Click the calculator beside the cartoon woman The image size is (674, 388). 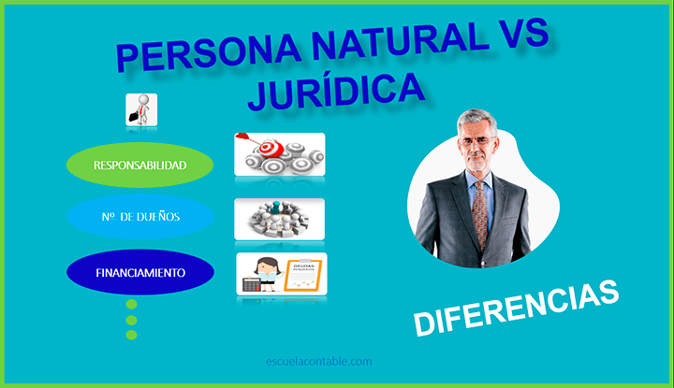[x=251, y=281]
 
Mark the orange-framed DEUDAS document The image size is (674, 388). [x=301, y=274]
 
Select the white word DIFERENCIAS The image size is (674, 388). [x=517, y=309]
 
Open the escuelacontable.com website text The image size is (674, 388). [x=318, y=360]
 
